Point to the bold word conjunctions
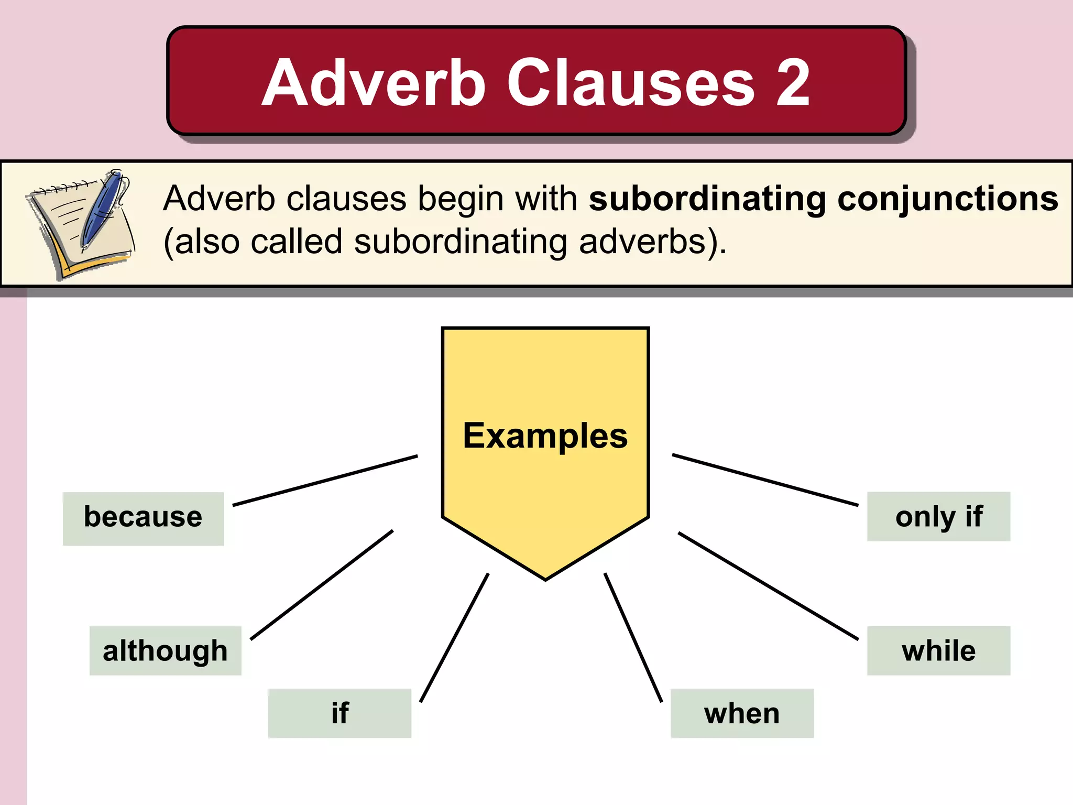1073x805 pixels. coord(947,199)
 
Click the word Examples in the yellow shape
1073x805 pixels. coord(545,436)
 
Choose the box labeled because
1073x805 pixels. coord(143,518)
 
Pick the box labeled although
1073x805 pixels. coord(165,650)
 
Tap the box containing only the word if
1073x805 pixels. coord(340,713)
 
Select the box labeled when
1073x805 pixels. coord(742,713)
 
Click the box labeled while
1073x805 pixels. coord(938,650)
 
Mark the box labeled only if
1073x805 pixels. coord(938,516)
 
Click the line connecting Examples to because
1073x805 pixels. coord(325,481)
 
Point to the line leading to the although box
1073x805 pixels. coord(322,585)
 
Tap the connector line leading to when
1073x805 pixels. coord(633,637)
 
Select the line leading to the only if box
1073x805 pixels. coord(765,480)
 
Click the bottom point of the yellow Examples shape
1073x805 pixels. coord(545,578)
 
